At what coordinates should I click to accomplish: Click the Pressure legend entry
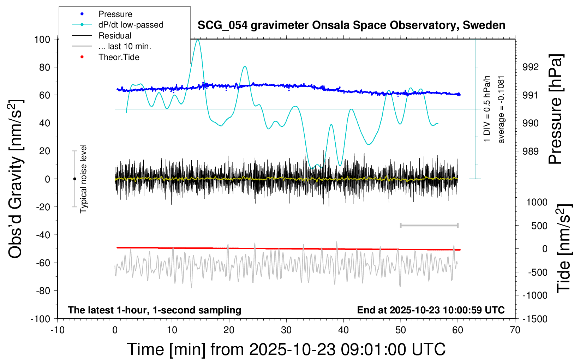tap(115, 14)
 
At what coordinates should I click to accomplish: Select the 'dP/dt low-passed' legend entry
tap(131, 25)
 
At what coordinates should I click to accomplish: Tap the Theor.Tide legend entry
tap(119, 57)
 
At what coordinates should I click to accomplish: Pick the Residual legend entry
tap(115, 36)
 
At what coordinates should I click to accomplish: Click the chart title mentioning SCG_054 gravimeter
tap(351, 25)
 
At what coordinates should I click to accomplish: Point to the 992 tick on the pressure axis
tap(531, 67)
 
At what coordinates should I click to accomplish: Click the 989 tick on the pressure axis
tap(531, 151)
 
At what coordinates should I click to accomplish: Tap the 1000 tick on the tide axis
tap(537, 202)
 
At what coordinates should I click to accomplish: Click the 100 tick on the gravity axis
tap(42, 39)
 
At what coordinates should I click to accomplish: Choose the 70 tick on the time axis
tap(515, 330)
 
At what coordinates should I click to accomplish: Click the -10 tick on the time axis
tap(58, 330)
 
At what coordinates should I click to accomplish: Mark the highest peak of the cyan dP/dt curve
tap(198, 40)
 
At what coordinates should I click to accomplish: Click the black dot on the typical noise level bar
tap(74, 179)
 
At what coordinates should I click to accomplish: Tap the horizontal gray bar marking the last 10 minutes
tap(429, 225)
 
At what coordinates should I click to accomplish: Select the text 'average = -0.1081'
tap(501, 109)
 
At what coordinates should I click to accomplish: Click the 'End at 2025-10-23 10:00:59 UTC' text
tap(431, 310)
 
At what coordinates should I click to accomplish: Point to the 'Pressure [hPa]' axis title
tap(555, 109)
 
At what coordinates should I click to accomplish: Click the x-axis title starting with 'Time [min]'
tap(286, 349)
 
